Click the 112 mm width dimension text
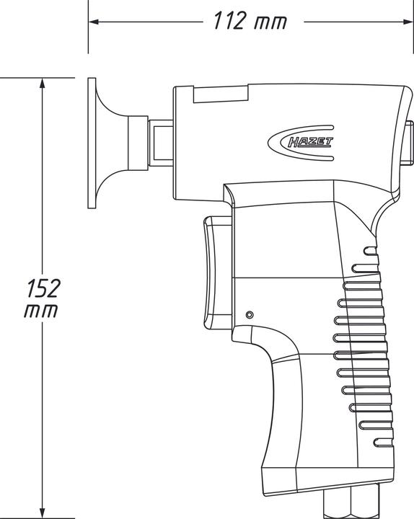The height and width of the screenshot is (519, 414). [x=249, y=22]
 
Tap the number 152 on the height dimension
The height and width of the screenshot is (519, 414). [x=43, y=289]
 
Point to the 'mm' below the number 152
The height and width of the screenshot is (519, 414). [x=41, y=311]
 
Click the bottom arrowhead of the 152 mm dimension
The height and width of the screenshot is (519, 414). [x=43, y=510]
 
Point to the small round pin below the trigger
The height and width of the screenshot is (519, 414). [x=250, y=315]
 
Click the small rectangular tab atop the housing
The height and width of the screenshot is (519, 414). [x=221, y=93]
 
